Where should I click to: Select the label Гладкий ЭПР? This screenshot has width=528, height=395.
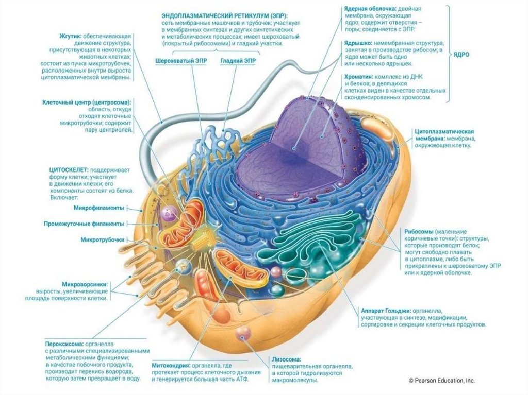tap(238, 61)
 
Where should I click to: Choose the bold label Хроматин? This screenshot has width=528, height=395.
tap(361, 76)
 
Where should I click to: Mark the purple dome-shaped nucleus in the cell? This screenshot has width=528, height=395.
tap(304, 139)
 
